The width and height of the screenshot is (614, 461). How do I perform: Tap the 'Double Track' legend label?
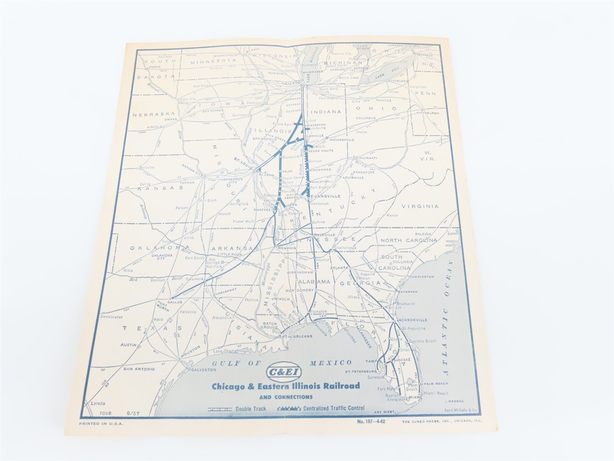(251, 409)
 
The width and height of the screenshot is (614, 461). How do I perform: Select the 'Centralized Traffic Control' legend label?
(333, 408)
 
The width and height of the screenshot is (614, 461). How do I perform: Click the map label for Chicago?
(290, 83)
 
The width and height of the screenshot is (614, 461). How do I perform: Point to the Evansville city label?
(326, 196)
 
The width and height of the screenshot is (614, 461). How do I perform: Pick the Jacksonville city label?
(413, 320)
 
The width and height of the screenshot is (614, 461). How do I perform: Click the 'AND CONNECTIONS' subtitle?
(286, 397)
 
